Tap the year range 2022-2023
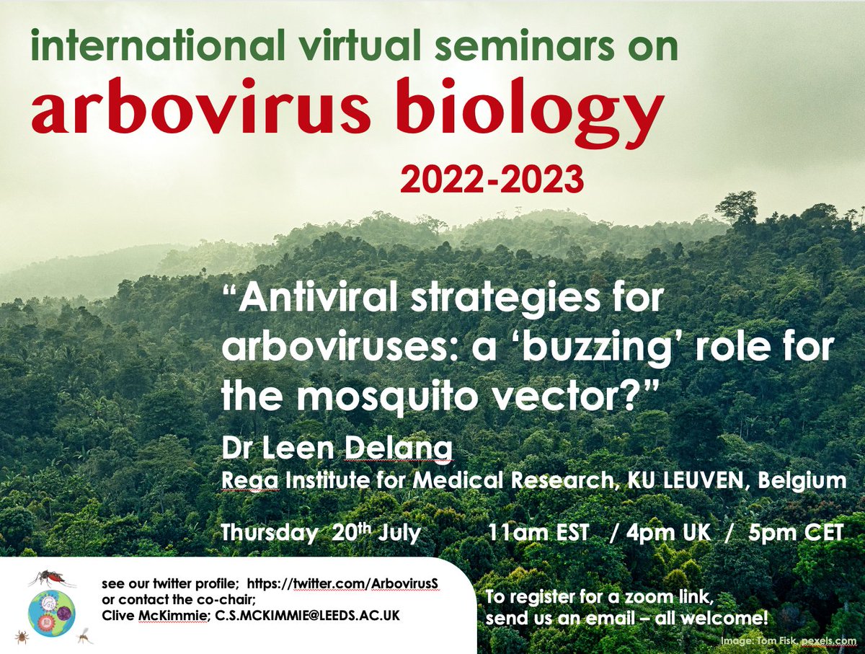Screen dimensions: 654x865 (x=492, y=180)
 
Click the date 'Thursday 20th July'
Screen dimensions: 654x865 (x=321, y=534)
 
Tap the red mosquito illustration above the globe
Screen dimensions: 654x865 (x=53, y=578)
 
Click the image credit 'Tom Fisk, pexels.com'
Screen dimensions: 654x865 (x=807, y=641)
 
